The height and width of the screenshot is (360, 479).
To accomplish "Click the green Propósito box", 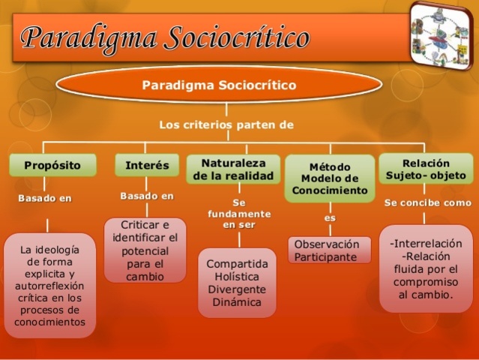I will click(x=52, y=165).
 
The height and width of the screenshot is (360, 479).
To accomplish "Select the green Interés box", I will click(x=147, y=165).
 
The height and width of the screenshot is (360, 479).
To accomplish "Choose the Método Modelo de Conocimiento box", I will click(x=330, y=178).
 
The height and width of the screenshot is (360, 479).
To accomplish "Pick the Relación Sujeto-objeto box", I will click(x=426, y=169).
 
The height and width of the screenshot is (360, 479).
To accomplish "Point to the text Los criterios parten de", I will click(x=226, y=124).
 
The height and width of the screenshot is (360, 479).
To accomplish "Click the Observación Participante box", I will click(x=329, y=250).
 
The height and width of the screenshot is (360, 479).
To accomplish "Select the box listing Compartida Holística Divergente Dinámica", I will click(x=237, y=283).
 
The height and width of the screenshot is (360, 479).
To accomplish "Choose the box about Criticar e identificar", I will click(x=145, y=250).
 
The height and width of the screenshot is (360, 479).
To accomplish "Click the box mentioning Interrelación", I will click(x=426, y=268).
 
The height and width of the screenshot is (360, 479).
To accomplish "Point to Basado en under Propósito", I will click(x=45, y=199).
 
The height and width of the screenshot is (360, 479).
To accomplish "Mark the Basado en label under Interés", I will click(x=147, y=196).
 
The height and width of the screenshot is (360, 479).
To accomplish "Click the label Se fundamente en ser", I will click(x=239, y=214).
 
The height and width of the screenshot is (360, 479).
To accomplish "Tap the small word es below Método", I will click(x=330, y=217).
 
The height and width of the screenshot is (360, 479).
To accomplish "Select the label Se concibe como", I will click(x=427, y=202).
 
